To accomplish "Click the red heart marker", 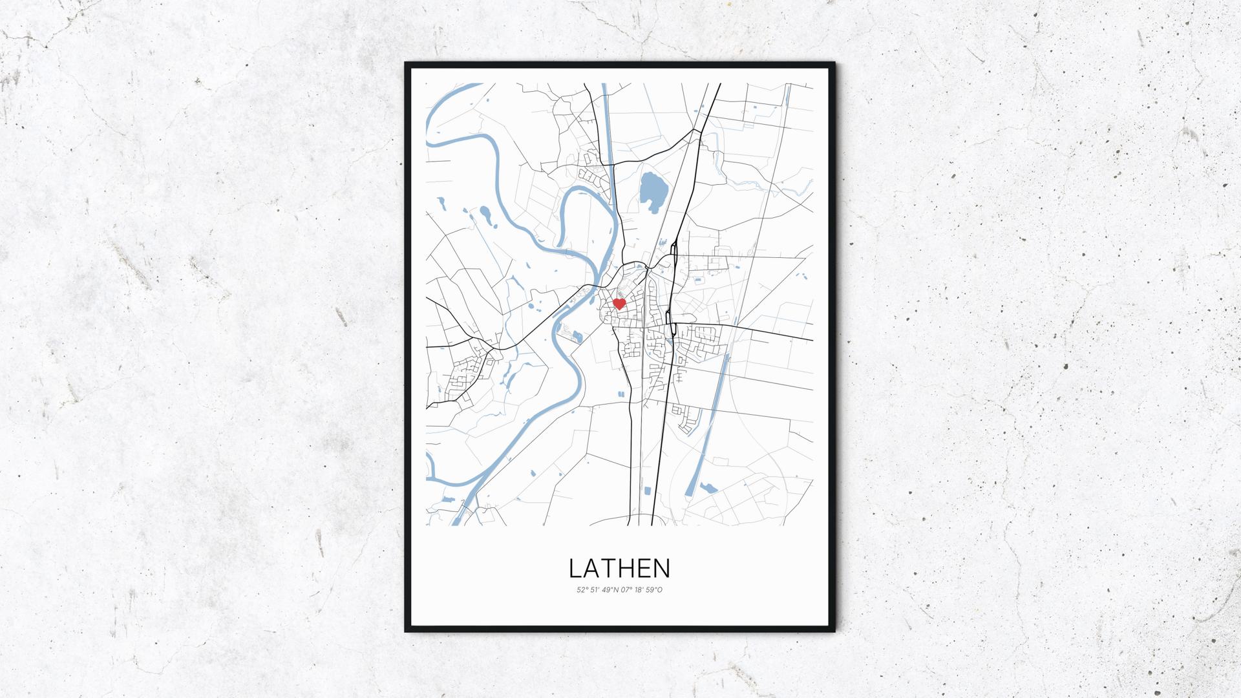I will tap(619, 304).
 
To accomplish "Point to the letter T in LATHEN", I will tap(609, 568).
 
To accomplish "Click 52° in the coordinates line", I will tap(582, 589).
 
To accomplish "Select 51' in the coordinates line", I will tap(595, 589).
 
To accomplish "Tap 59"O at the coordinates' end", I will tap(654, 589).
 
